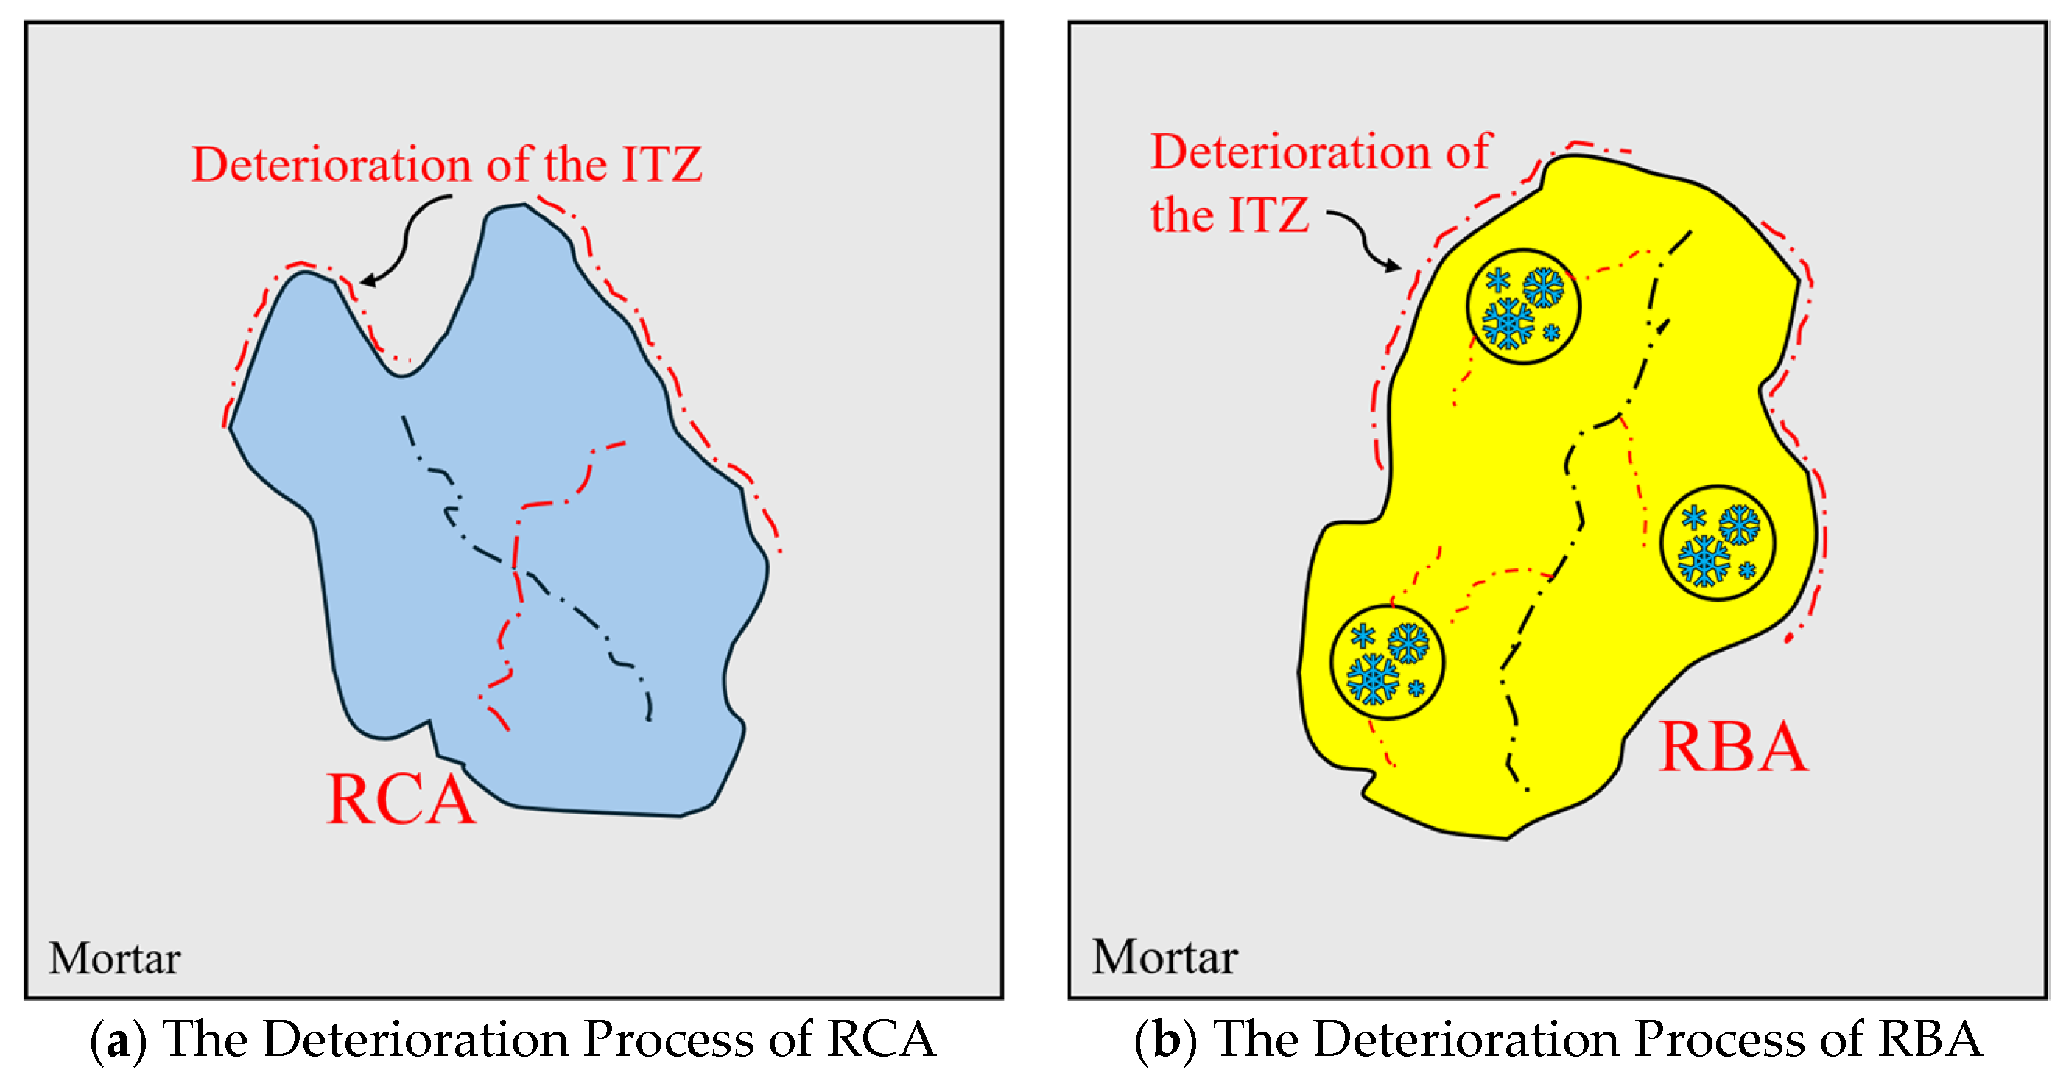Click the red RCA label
401,800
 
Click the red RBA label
1732,747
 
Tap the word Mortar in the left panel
115,957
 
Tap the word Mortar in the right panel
1164,956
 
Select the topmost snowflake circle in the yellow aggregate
1523,306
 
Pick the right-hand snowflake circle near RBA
1718,543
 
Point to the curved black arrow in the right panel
1363,240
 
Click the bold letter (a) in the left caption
118,1040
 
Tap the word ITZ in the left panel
662,164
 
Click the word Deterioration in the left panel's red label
331,164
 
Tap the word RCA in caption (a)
881,1040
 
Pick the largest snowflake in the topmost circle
1508,323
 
